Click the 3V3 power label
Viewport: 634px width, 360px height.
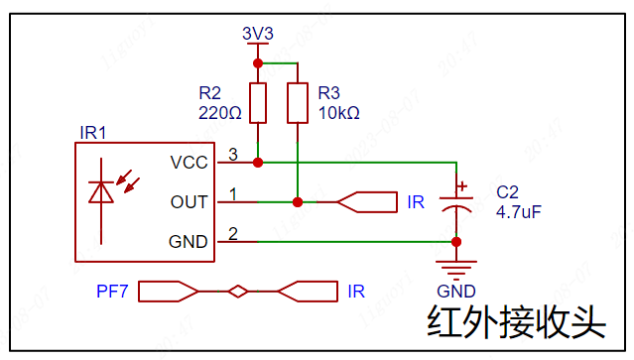click(258, 33)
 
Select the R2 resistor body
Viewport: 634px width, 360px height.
click(258, 103)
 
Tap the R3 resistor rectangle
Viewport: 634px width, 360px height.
click(298, 103)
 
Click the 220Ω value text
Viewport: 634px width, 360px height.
click(220, 113)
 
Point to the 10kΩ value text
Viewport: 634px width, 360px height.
click(339, 113)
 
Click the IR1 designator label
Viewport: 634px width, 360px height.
click(93, 133)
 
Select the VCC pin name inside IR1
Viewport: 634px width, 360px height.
click(189, 163)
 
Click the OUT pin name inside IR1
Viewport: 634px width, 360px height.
click(189, 202)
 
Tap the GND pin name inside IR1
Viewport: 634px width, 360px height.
click(188, 242)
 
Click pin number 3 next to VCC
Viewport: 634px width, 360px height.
click(233, 155)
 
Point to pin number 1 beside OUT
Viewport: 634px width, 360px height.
click(233, 194)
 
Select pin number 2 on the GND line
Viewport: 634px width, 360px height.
click(233, 234)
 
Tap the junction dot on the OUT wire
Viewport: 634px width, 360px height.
click(298, 202)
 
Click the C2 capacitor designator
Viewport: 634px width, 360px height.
click(507, 192)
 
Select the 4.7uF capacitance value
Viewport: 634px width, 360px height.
click(518, 212)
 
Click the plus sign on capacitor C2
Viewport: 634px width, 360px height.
click(461, 186)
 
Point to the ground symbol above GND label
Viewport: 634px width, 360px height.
click(456, 270)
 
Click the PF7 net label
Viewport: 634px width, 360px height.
click(112, 292)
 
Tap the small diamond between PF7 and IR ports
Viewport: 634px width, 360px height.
click(238, 292)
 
